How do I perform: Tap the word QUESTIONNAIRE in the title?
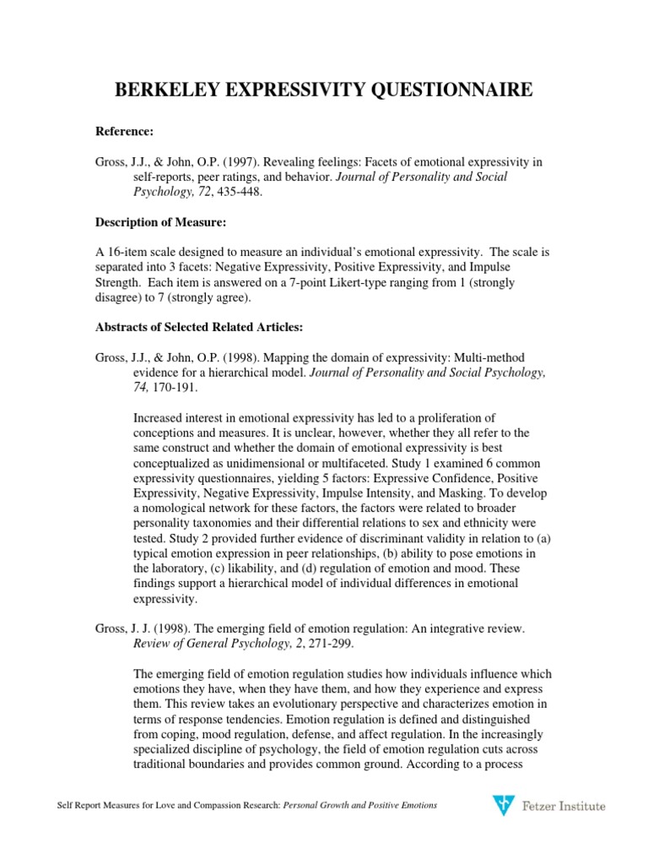(x=454, y=90)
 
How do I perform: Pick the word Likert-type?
(x=380, y=282)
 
